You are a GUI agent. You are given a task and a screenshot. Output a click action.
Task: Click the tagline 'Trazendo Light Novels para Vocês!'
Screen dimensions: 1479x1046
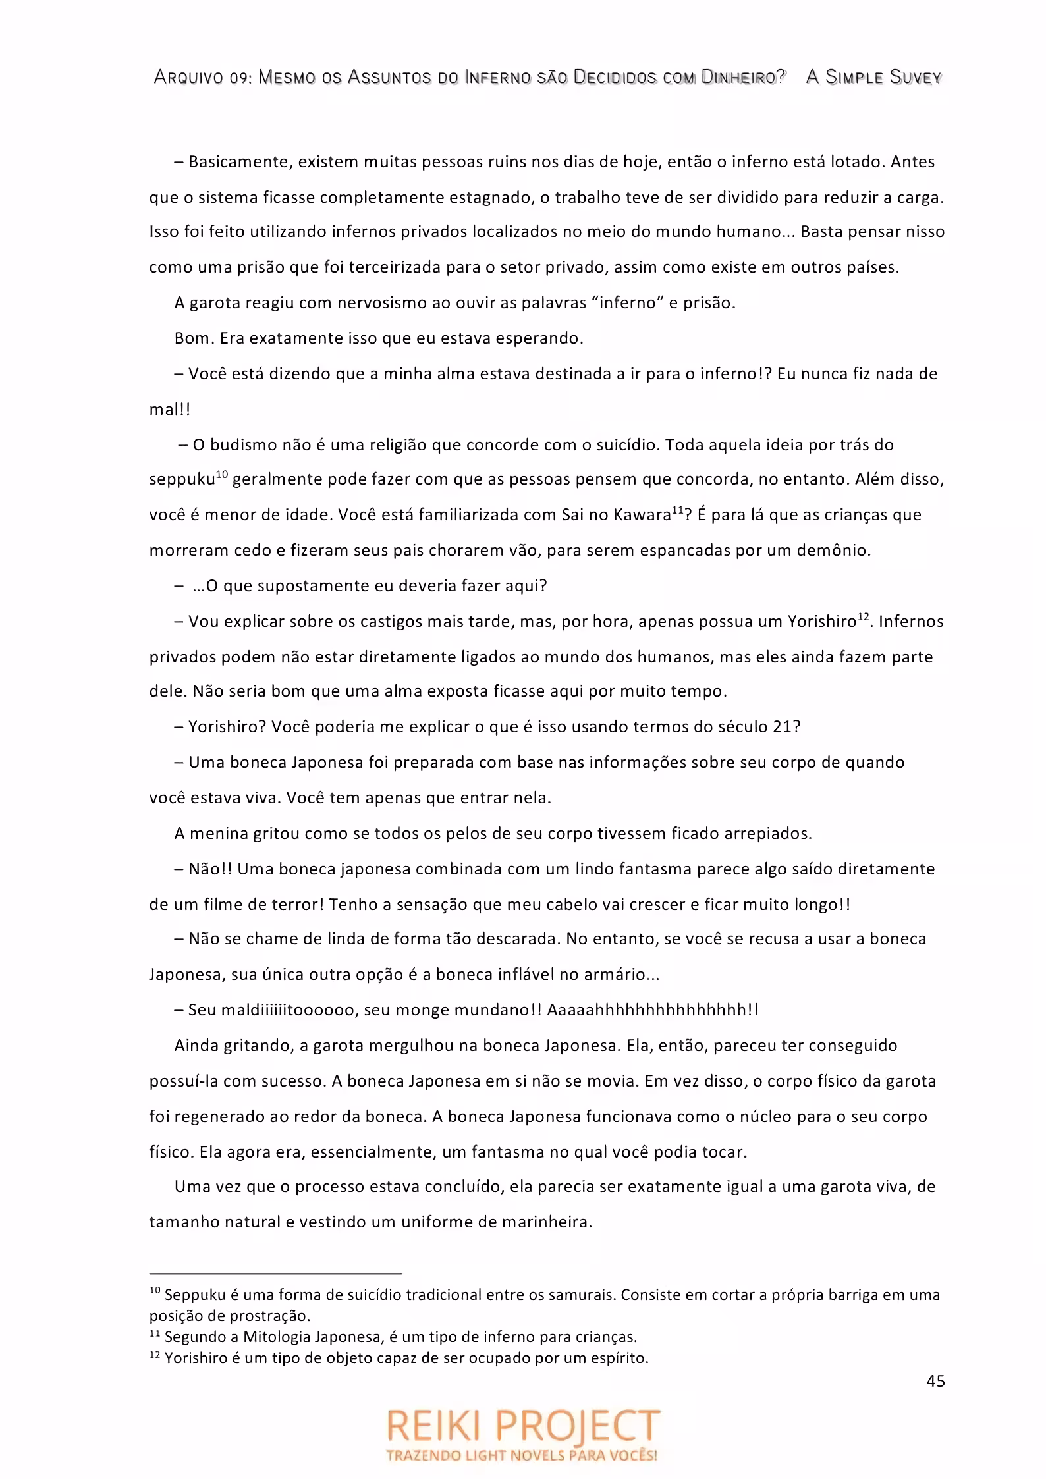click(x=522, y=1454)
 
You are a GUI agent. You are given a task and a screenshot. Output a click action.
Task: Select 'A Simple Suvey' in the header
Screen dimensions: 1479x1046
click(x=873, y=78)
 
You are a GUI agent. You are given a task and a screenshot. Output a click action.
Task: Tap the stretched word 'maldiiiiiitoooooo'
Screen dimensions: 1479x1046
click(x=289, y=1010)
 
